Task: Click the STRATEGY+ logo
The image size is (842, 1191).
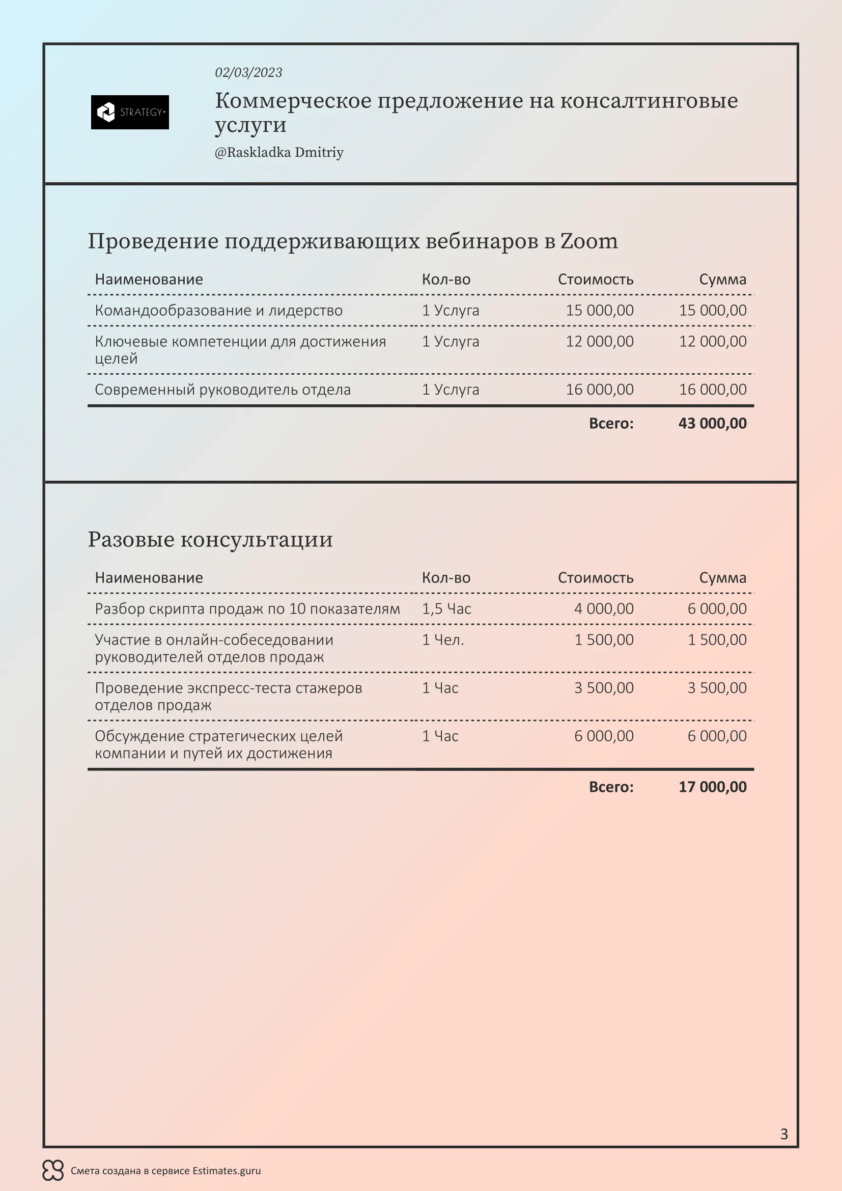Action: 130,112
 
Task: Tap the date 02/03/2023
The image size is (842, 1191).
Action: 248,73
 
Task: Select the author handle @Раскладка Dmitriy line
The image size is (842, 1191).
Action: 279,153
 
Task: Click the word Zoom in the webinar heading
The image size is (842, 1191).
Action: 588,242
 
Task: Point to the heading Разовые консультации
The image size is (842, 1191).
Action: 210,539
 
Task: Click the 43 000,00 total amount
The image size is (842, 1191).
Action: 712,423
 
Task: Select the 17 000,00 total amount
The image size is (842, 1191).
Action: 712,787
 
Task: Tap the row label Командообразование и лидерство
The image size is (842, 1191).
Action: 218,310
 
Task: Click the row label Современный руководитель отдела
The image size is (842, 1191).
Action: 222,390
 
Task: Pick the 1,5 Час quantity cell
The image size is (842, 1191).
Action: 446,608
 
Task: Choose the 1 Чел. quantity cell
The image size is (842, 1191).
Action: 443,640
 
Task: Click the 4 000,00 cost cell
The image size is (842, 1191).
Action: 604,608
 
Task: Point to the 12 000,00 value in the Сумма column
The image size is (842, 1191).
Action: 712,341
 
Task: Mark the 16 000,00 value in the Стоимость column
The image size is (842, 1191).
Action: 599,390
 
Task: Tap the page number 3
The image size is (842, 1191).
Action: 784,1134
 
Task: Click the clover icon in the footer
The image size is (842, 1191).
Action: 53,1170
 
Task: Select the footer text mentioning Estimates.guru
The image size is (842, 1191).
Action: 165,1171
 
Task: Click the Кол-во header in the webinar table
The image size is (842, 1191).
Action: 446,280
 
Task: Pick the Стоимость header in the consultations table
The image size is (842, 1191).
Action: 595,578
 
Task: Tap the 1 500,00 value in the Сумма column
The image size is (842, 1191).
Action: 717,640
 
